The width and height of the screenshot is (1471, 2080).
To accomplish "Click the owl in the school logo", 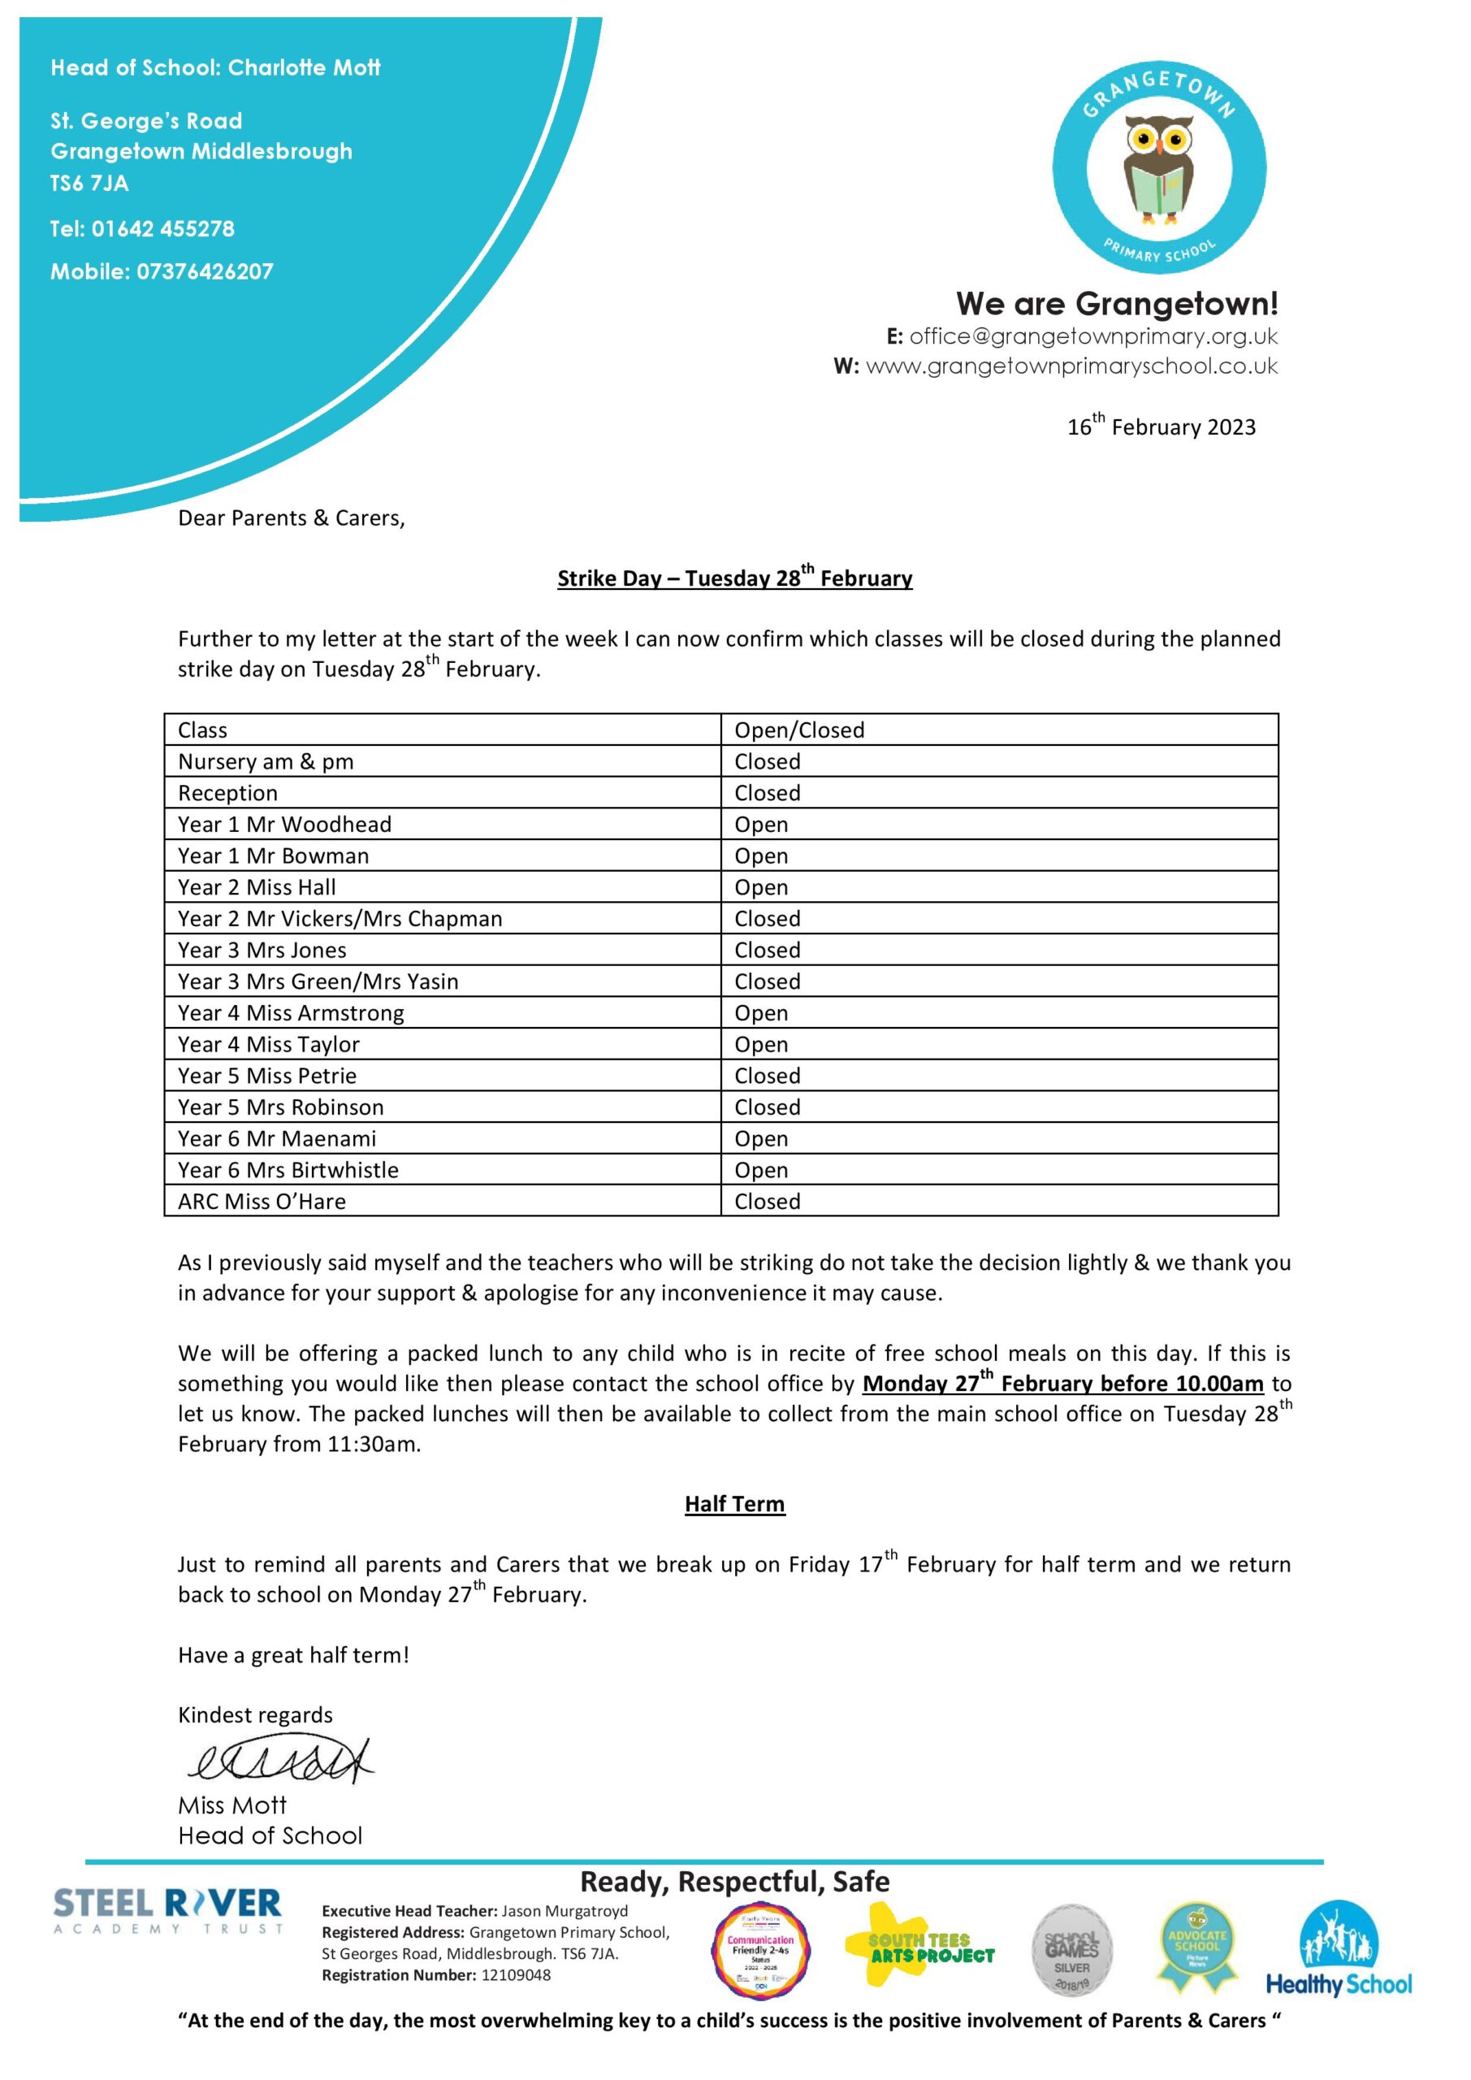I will coord(1158,172).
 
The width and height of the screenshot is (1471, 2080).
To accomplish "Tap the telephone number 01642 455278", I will coord(162,228).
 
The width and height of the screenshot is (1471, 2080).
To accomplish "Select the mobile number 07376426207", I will coord(204,271).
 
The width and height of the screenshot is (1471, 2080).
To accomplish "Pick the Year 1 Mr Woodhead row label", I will coord(284,825).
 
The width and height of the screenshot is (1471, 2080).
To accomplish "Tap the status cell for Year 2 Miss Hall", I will coord(761,887).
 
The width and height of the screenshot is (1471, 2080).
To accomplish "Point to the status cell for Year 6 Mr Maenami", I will coord(761,1139).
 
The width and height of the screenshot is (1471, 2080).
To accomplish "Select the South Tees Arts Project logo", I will coord(919,1948).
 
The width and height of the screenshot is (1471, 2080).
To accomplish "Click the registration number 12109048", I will coord(516,1975).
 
